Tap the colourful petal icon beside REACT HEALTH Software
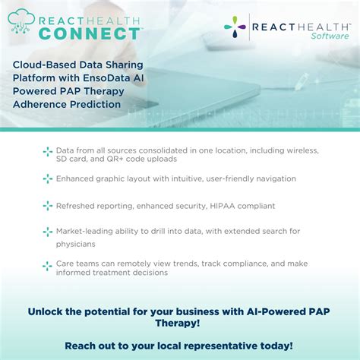(x=235, y=27)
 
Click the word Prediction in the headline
(x=92, y=104)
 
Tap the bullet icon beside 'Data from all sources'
(x=47, y=152)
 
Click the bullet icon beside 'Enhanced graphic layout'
(x=47, y=178)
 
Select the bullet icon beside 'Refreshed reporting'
(x=47, y=206)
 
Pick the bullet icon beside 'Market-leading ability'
(x=47, y=231)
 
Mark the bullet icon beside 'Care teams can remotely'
(x=47, y=264)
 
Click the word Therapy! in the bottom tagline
(x=180, y=324)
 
